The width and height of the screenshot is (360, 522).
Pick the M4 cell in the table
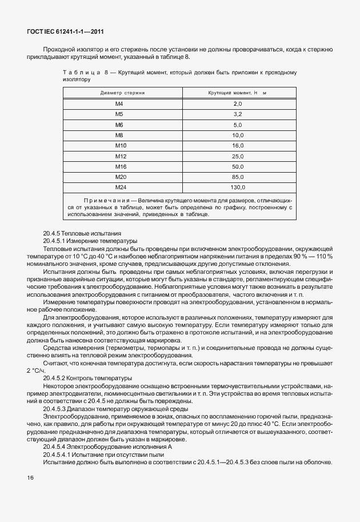[x=119, y=103]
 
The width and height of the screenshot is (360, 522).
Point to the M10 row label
[x=121, y=146]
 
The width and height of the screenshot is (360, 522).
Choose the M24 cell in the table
[x=121, y=188]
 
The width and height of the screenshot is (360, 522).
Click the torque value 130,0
[x=238, y=188]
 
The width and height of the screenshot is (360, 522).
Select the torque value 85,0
[x=238, y=177]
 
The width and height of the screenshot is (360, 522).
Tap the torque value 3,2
[x=238, y=114]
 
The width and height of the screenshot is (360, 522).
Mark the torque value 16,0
[x=238, y=146]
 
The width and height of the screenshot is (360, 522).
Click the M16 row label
[x=121, y=166]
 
